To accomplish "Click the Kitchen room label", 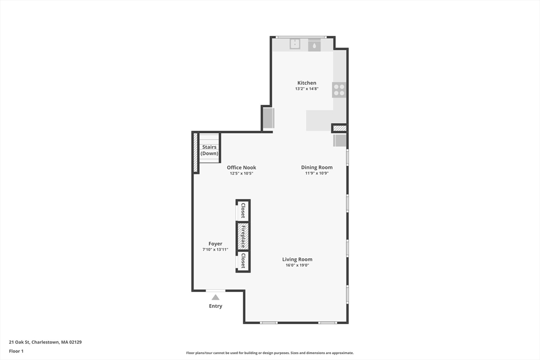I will tap(306, 83).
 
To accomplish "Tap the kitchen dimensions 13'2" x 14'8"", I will tap(306, 89).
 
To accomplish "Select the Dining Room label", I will tap(316, 168).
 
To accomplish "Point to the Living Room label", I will tap(297, 259).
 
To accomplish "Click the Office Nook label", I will tap(242, 168).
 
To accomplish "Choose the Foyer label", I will tap(215, 244).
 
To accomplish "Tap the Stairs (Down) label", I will tap(209, 150).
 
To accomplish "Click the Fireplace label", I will tap(243, 236).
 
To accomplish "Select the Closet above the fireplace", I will tap(243, 211).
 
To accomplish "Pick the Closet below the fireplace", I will tap(243, 261).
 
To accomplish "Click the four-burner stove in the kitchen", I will tap(339, 90).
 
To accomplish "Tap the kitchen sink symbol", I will tap(295, 44).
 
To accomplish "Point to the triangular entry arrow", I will tap(215, 297).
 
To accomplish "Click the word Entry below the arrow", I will tap(215, 306).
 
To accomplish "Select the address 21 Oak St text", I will tap(45, 342).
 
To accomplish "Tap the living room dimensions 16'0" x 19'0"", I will tap(297, 265).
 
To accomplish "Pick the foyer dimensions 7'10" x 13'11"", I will tap(215, 249).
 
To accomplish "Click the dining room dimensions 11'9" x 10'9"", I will tap(316, 173).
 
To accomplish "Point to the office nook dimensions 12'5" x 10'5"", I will tap(242, 173).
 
